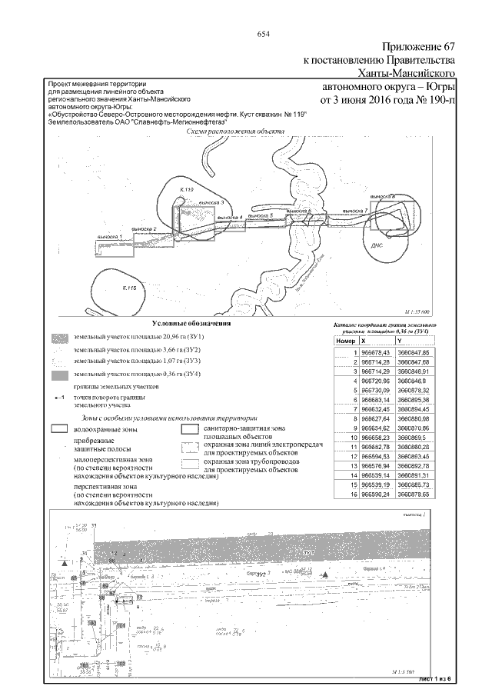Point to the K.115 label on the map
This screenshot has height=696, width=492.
coord(128,288)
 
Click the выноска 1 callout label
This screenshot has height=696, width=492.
coord(110,235)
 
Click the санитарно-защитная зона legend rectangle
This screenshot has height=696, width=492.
coord(188,429)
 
